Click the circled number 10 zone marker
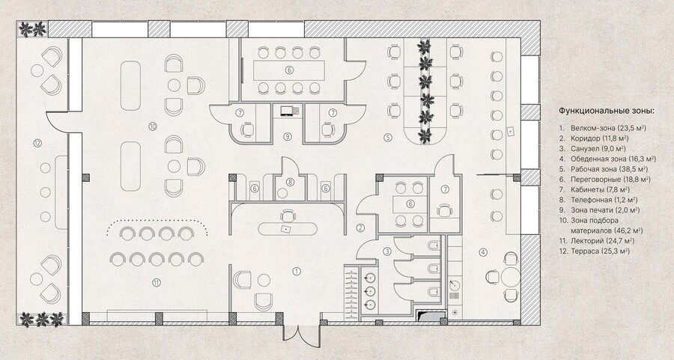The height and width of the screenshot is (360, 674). tap(152, 126)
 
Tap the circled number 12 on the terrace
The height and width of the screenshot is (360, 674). tap(37, 143)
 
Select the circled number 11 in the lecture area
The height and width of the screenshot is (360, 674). tap(157, 282)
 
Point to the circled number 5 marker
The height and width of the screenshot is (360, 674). tap(388, 138)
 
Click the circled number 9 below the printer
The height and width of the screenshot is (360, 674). tap(288, 137)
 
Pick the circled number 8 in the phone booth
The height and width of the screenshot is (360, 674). tap(290, 182)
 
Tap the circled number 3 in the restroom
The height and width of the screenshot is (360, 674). tap(387, 251)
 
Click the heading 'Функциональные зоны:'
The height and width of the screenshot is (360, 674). tap(606, 111)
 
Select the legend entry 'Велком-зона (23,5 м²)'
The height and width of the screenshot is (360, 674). tap(609, 128)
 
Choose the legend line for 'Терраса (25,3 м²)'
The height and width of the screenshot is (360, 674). tap(600, 251)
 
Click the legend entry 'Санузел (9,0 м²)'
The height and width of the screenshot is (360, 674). tap(600, 149)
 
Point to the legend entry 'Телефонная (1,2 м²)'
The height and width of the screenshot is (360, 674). tap(604, 200)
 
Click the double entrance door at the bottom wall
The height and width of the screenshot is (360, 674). tap(301, 333)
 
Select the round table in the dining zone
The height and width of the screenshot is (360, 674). tap(510, 276)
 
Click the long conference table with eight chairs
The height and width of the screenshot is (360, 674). tap(289, 70)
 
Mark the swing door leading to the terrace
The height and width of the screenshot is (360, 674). tap(57, 121)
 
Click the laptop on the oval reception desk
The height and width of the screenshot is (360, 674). tap(285, 228)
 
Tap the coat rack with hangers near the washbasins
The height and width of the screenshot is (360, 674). tap(352, 293)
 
